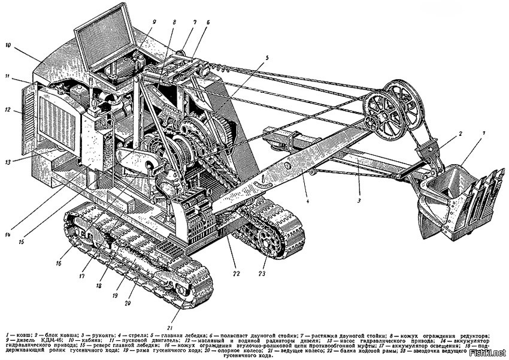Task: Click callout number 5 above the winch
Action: (267, 58)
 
